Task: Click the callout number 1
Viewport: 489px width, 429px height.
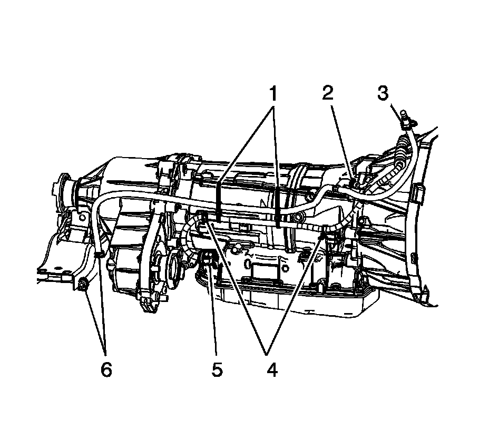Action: (273, 95)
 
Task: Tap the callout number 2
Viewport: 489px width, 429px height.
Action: (328, 94)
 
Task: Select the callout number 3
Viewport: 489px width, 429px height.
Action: (383, 94)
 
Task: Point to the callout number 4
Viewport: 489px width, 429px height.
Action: (271, 369)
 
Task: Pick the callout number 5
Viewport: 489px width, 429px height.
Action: (217, 369)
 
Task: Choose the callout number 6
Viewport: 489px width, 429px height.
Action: (106, 369)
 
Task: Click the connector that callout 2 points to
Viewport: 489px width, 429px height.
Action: (359, 180)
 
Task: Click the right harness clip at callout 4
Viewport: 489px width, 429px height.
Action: (322, 235)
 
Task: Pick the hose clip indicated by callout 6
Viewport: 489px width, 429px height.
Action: (99, 256)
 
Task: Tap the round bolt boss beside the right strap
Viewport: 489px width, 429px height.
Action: (299, 217)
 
